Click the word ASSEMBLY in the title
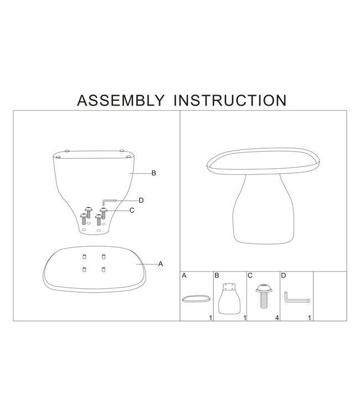[121, 101]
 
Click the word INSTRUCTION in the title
[230, 101]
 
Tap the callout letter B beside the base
[153, 173]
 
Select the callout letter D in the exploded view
[141, 200]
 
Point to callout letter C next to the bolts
[132, 210]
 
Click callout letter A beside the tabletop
[161, 264]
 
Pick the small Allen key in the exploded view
[109, 201]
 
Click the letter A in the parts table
[184, 276]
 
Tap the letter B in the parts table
[217, 276]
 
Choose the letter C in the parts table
[250, 276]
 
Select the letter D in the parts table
[284, 276]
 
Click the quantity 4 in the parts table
[277, 318]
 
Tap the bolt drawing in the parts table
[264, 297]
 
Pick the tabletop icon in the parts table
[197, 299]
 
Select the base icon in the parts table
[229, 299]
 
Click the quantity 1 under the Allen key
[310, 318]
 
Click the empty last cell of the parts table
[330, 296]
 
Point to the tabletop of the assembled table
[263, 161]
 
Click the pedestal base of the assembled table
[264, 209]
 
